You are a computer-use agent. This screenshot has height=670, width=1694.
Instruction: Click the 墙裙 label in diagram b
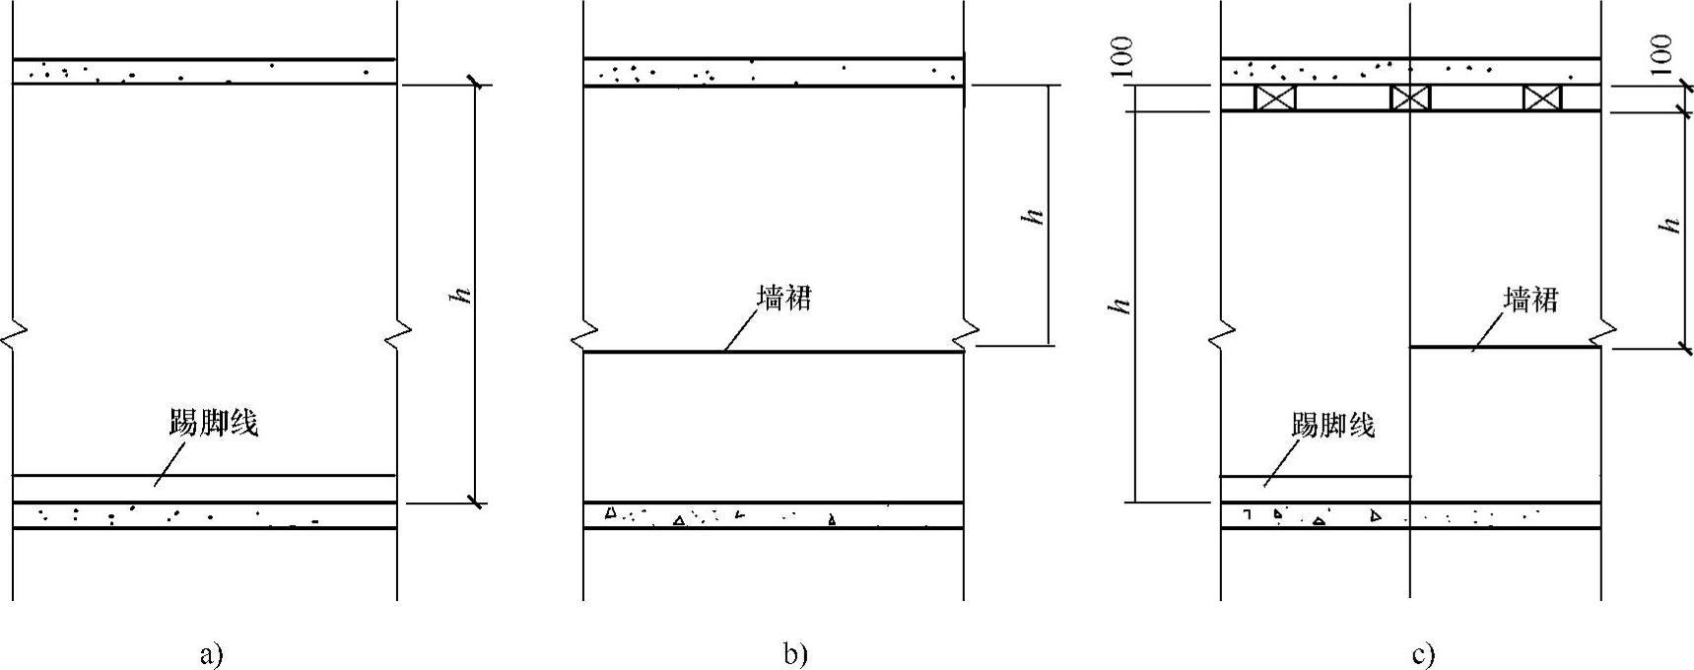click(783, 299)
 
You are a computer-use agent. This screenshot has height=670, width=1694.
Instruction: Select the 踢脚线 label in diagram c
click(1332, 425)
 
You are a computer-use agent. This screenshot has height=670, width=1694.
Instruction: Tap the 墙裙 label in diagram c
click(1530, 300)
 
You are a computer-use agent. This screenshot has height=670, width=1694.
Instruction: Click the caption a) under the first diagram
click(212, 654)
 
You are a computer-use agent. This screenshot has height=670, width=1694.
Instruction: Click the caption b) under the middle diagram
click(794, 654)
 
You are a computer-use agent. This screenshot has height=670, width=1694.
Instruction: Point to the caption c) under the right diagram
click(1423, 654)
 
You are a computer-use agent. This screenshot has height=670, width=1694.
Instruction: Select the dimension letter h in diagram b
click(1035, 215)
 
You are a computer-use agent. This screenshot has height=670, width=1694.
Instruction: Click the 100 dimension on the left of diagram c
click(1122, 56)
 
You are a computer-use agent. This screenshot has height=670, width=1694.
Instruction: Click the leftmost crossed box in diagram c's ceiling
click(1274, 98)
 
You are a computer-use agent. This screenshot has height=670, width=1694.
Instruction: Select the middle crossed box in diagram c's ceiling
click(1410, 98)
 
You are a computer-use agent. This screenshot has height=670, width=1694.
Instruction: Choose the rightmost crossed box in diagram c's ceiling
click(1542, 98)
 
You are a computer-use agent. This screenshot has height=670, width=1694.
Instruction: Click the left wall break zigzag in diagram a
click(12, 336)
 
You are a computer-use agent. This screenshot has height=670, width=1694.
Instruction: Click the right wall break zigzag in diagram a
click(397, 336)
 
